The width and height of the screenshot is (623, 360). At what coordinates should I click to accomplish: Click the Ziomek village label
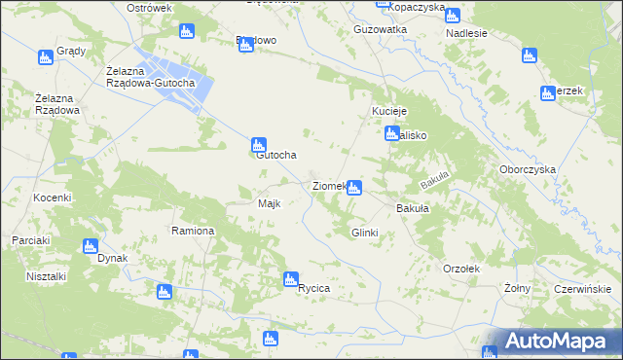pos(329,186)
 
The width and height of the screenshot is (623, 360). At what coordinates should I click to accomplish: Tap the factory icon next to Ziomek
pos(355,187)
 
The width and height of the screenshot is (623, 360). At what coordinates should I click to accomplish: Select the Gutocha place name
pos(275,155)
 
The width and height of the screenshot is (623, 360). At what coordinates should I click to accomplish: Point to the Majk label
pos(269,204)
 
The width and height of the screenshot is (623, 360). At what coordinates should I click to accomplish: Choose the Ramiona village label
pos(193,232)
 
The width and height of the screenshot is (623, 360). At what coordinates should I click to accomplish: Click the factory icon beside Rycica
pos(291,280)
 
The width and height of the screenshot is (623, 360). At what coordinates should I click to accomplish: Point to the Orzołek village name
pos(462,268)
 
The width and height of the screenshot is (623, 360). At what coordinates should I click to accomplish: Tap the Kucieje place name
pos(388,112)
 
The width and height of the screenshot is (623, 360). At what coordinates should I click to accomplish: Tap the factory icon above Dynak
pos(90,246)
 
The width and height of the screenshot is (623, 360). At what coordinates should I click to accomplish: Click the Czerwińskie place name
pos(581,289)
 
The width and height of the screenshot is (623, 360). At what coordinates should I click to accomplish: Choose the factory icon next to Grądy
pos(45,58)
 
